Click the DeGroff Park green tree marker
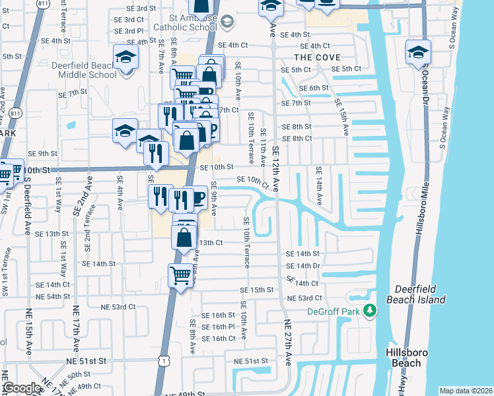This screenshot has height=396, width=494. [x=370, y=310]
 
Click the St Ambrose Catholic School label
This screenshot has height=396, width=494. [x=184, y=22]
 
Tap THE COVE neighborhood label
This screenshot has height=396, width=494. [x=317, y=57]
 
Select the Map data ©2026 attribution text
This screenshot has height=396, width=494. [x=465, y=391]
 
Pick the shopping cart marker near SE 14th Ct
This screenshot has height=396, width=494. [x=181, y=275]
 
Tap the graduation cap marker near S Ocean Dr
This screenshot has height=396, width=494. [x=418, y=51]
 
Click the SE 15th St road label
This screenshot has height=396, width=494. [x=256, y=290]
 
